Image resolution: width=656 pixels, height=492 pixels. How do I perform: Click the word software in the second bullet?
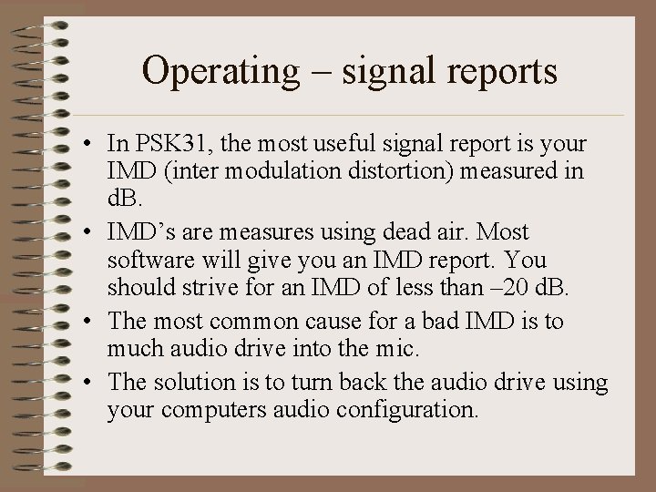(x=145, y=261)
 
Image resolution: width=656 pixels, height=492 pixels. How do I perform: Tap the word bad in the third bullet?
(x=454, y=322)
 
